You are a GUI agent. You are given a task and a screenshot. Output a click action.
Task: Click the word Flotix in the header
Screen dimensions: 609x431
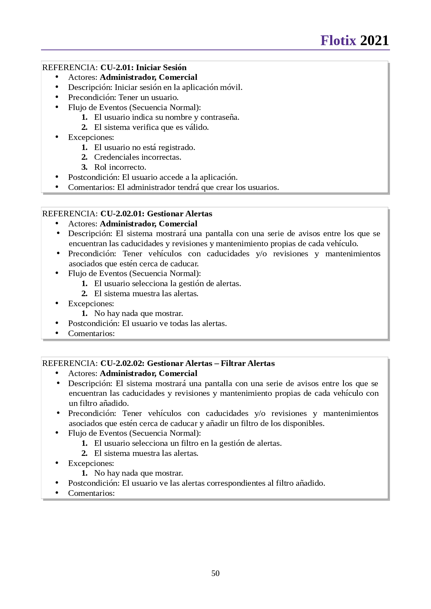[338, 41]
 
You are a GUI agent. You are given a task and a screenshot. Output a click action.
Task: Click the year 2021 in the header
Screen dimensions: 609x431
[374, 41]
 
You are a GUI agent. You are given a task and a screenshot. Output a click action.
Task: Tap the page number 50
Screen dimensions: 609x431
[215, 573]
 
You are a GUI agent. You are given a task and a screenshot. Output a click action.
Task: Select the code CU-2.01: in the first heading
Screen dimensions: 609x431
[117, 67]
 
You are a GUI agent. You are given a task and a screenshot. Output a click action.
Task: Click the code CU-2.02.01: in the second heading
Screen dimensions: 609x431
[122, 214]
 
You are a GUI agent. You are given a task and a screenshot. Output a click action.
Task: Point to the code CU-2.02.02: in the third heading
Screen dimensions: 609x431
[122, 363]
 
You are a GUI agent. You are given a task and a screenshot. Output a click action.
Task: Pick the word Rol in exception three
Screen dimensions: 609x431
[100, 167]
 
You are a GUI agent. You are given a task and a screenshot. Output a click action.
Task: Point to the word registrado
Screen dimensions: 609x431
[177, 148]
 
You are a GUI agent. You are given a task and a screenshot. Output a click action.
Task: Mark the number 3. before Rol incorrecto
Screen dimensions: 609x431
[84, 167]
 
